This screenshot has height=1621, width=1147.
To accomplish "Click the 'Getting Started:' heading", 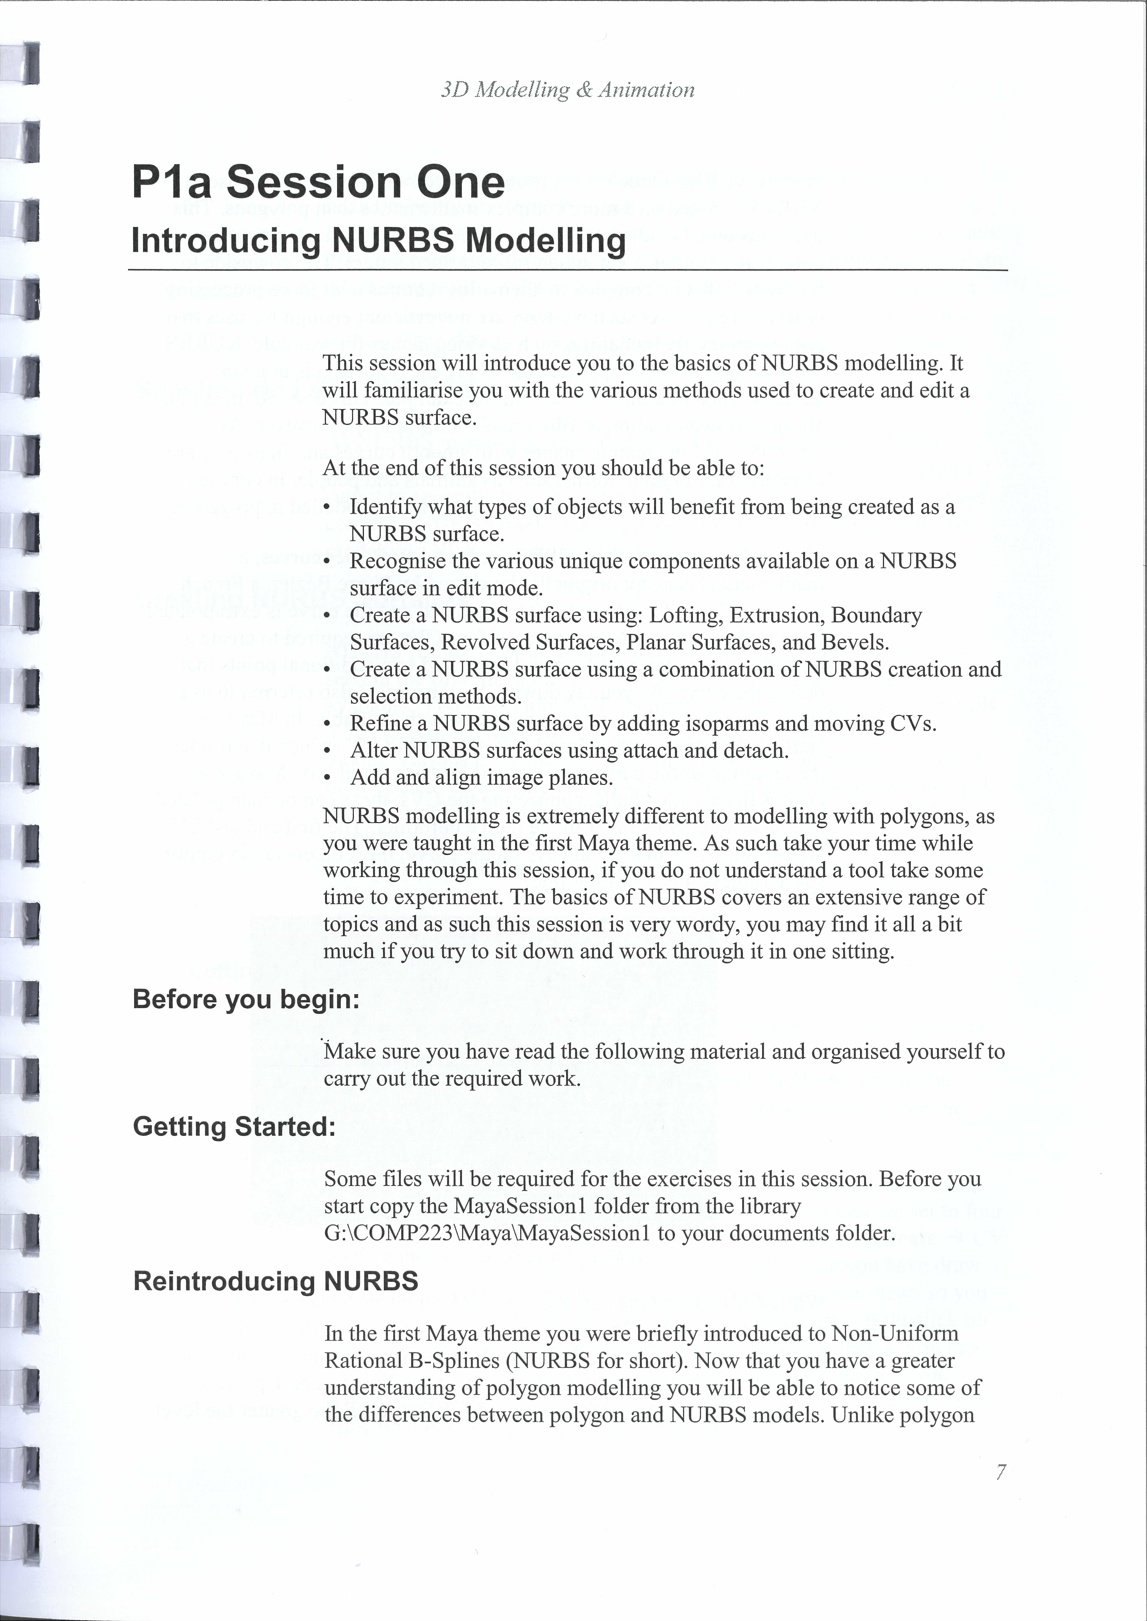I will click(234, 1126).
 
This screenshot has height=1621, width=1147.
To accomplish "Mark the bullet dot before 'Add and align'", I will click(326, 778).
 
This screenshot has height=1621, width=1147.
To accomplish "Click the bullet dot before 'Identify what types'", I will click(326, 508).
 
